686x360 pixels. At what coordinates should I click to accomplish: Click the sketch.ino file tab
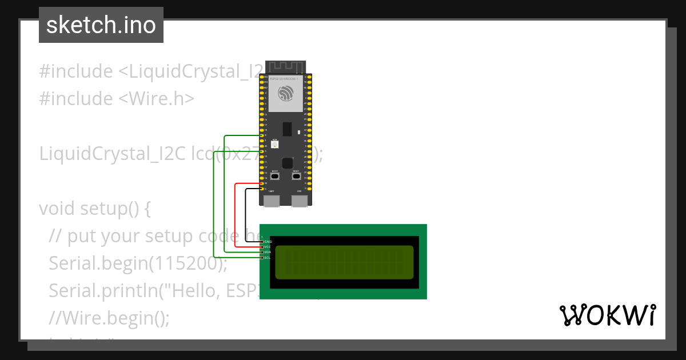pyautogui.click(x=101, y=25)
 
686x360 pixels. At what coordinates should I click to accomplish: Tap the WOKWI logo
pyautogui.click(x=607, y=315)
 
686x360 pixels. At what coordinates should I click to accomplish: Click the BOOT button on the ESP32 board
pyautogui.click(x=275, y=176)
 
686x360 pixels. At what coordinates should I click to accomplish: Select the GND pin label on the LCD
pyautogui.click(x=268, y=242)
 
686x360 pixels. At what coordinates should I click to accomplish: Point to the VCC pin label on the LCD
pyautogui.click(x=268, y=247)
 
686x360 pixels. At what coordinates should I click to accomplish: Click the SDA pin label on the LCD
pyautogui.click(x=268, y=252)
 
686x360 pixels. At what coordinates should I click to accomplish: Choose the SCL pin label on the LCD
pyautogui.click(x=268, y=258)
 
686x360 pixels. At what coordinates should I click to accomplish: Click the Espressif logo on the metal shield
pyautogui.click(x=286, y=93)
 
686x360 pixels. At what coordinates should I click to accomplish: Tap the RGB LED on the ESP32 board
pyautogui.click(x=275, y=145)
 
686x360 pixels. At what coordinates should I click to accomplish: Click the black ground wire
pyautogui.click(x=246, y=217)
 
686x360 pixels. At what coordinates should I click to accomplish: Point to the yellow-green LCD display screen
pyautogui.click(x=344, y=262)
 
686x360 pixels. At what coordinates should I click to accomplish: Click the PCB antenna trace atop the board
pyautogui.click(x=286, y=67)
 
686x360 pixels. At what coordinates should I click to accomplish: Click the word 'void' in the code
pyautogui.click(x=56, y=209)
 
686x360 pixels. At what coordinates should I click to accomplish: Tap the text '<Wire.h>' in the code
pyautogui.click(x=156, y=99)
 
